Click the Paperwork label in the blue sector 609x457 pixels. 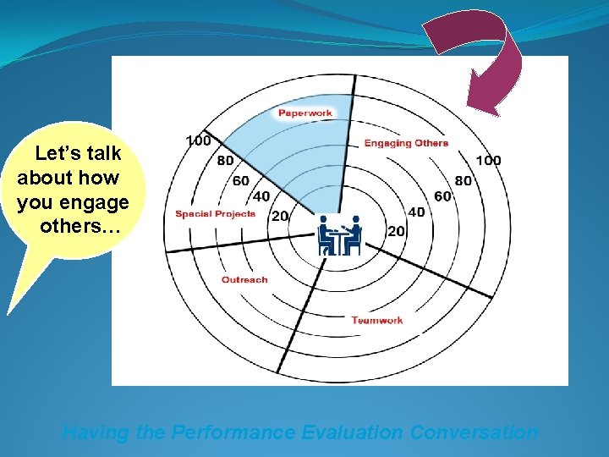click(305, 113)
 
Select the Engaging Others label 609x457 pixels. click(406, 143)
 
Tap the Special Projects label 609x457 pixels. click(215, 214)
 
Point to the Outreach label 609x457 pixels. click(244, 279)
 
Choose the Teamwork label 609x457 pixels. click(377, 320)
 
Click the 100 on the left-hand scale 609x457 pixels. click(198, 140)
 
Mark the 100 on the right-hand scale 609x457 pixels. click(488, 161)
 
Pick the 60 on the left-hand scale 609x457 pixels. click(241, 180)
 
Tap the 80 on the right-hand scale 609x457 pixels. click(464, 180)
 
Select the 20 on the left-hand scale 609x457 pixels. click(279, 217)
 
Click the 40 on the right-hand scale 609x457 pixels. click(416, 212)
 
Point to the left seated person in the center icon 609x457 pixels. click(325, 234)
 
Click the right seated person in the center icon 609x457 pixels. click(354, 234)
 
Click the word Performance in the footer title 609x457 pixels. click(233, 432)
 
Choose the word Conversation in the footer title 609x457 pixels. click(474, 432)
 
